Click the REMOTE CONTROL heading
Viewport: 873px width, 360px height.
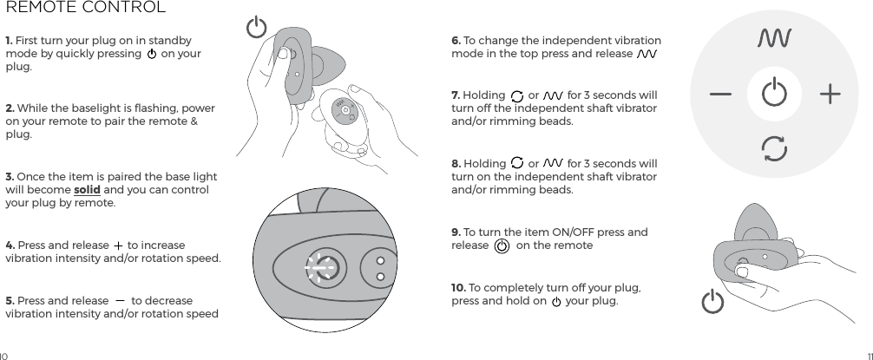86,9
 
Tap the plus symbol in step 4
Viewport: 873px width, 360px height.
118,245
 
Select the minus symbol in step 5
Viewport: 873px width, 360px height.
120,300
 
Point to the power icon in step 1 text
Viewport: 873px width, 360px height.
152,55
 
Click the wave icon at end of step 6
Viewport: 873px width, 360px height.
647,55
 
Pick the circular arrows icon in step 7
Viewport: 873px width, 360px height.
518,95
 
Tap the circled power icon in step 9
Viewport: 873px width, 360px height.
502,245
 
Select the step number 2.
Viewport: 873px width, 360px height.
10,108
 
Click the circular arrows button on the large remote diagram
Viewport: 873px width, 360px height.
774,148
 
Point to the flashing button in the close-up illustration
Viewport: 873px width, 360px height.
318,268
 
